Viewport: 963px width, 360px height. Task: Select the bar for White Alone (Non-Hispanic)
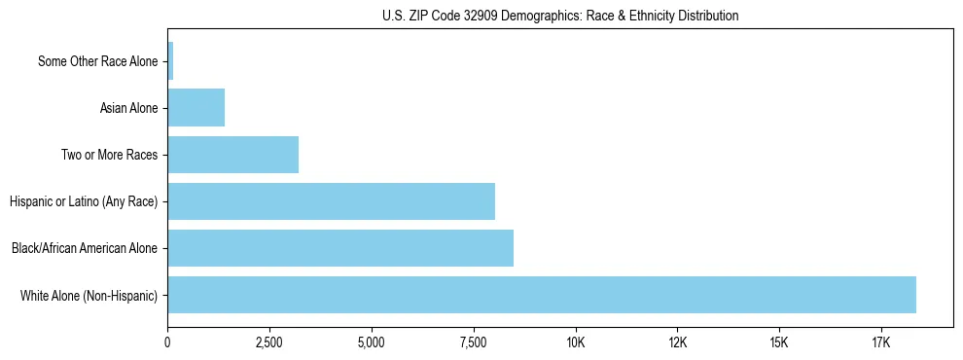pos(542,295)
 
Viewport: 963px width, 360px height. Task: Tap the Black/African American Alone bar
pos(340,248)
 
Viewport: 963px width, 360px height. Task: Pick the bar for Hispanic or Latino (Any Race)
pos(331,201)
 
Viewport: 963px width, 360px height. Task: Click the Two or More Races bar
pos(233,155)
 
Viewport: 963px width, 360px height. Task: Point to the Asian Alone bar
pos(196,108)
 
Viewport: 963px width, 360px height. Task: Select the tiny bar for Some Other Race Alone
pos(170,61)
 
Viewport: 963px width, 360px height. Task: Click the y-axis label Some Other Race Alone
pos(97,62)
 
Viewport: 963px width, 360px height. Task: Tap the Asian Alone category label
pos(128,108)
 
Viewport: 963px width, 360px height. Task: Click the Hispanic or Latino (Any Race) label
pos(84,201)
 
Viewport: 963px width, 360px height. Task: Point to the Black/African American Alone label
pos(85,248)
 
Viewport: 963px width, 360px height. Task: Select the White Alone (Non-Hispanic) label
pos(89,295)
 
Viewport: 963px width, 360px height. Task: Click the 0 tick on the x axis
pos(168,342)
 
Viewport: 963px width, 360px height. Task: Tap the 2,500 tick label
pos(269,342)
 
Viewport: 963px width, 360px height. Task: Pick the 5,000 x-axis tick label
pos(372,342)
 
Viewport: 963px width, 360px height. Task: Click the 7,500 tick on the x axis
pos(474,342)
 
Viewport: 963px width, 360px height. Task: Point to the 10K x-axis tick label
pos(576,342)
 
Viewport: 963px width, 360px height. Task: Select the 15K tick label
pos(779,342)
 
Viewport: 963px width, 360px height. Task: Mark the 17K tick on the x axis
pos(881,342)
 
